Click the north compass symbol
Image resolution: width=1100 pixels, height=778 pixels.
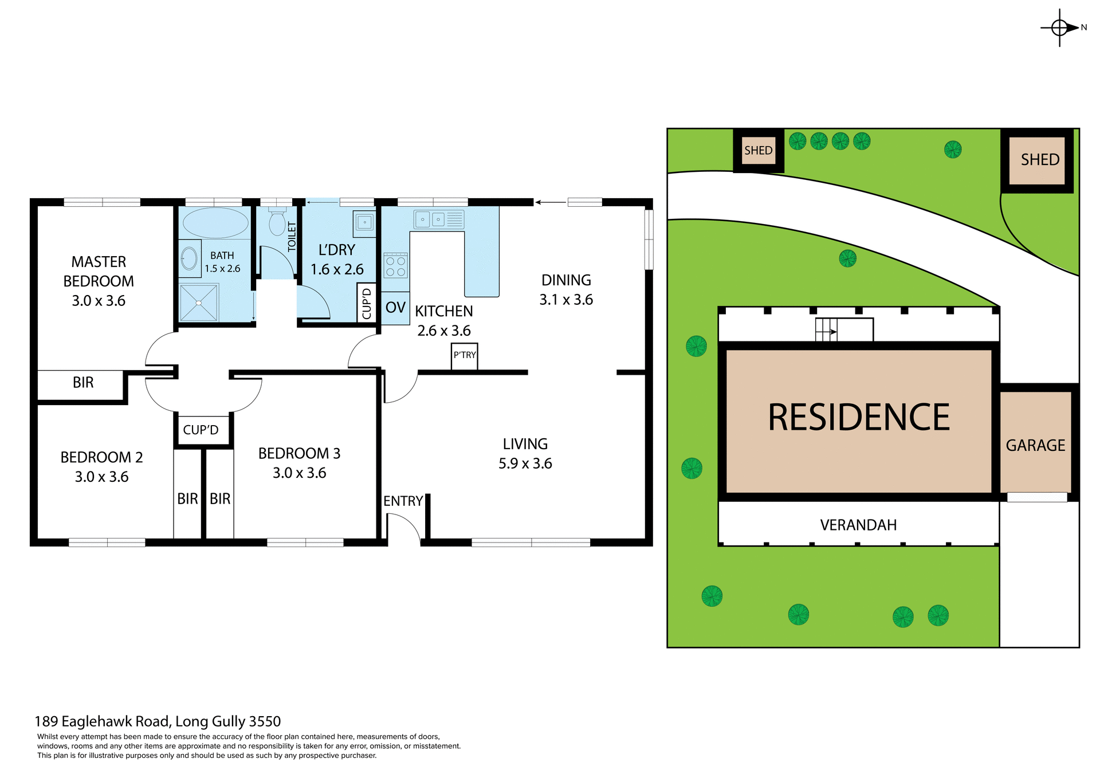[x=1060, y=27]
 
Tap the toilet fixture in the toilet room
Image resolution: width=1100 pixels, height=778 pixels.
[x=277, y=222]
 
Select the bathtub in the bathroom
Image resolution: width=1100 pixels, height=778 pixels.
[x=215, y=223]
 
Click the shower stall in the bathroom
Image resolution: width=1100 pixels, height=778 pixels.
[x=198, y=302]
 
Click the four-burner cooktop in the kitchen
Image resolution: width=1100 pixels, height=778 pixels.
[x=395, y=266]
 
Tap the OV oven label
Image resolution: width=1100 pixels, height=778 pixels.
[x=395, y=308]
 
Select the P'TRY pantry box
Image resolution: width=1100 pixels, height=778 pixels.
[x=464, y=356]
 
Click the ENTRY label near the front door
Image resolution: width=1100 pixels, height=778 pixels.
[x=403, y=501]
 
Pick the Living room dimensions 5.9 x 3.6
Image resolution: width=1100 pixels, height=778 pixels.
[x=525, y=463]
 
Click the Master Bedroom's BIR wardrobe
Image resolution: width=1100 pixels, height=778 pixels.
[x=82, y=383]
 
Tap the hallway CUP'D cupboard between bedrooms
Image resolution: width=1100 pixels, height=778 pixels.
[x=201, y=430]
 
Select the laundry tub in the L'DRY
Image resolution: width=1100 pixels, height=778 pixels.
[x=364, y=222]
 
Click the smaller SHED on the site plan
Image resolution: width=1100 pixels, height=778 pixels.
[x=758, y=151]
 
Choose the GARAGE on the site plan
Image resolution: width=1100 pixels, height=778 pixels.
[x=1035, y=445]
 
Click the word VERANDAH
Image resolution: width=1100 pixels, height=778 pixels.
[x=858, y=525]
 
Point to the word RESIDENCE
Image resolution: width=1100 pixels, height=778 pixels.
[x=858, y=418]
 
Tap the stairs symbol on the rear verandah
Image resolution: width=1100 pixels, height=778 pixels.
[x=826, y=331]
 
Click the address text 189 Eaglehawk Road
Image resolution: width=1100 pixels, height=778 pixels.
[x=103, y=721]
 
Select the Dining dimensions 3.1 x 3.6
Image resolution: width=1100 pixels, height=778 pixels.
[x=566, y=300]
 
